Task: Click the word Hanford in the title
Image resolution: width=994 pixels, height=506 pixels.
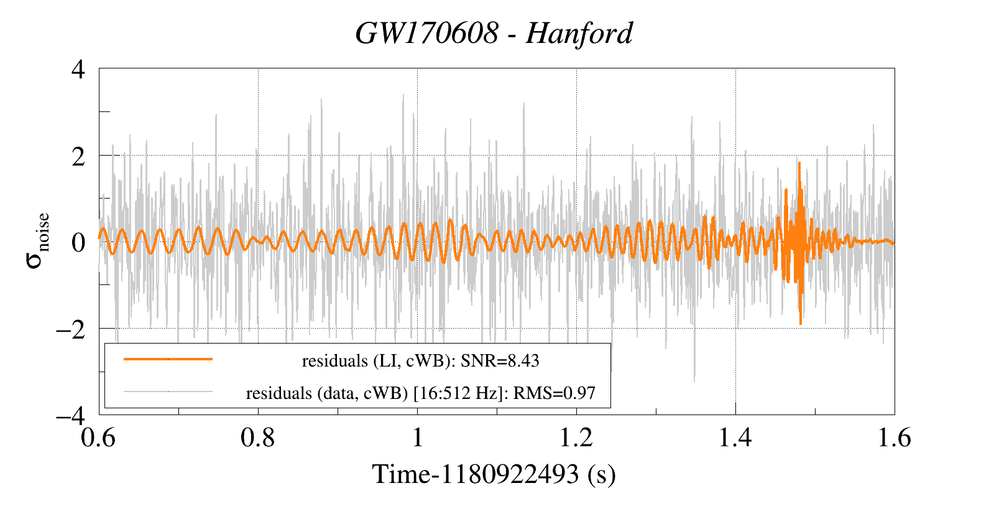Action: point(579,34)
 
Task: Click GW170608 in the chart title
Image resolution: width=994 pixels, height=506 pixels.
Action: point(426,34)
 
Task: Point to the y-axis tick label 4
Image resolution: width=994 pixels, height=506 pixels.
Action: point(78,69)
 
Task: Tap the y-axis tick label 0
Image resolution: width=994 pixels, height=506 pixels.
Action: point(78,242)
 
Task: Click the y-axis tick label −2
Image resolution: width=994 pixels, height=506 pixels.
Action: point(70,329)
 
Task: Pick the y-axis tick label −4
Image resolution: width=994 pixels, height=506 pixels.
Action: point(70,415)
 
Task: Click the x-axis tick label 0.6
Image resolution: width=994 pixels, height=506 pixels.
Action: point(99,438)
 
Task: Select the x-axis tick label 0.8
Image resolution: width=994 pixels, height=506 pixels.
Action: point(258,438)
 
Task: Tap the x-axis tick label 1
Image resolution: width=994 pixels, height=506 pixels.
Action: point(417,438)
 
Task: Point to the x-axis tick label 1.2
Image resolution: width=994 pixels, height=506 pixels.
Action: point(576,438)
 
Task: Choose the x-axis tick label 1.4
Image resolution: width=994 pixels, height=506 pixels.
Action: point(735,438)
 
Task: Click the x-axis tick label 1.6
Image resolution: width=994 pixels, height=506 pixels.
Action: point(894,438)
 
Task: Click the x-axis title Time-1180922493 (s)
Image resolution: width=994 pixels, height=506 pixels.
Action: point(494,474)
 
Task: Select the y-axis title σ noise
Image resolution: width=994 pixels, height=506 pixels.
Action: point(37,241)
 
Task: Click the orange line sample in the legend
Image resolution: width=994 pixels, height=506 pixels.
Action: point(168,359)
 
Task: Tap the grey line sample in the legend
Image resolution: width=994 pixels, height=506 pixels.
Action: point(168,391)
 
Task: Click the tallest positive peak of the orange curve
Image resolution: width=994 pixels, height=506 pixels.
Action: point(799,164)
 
